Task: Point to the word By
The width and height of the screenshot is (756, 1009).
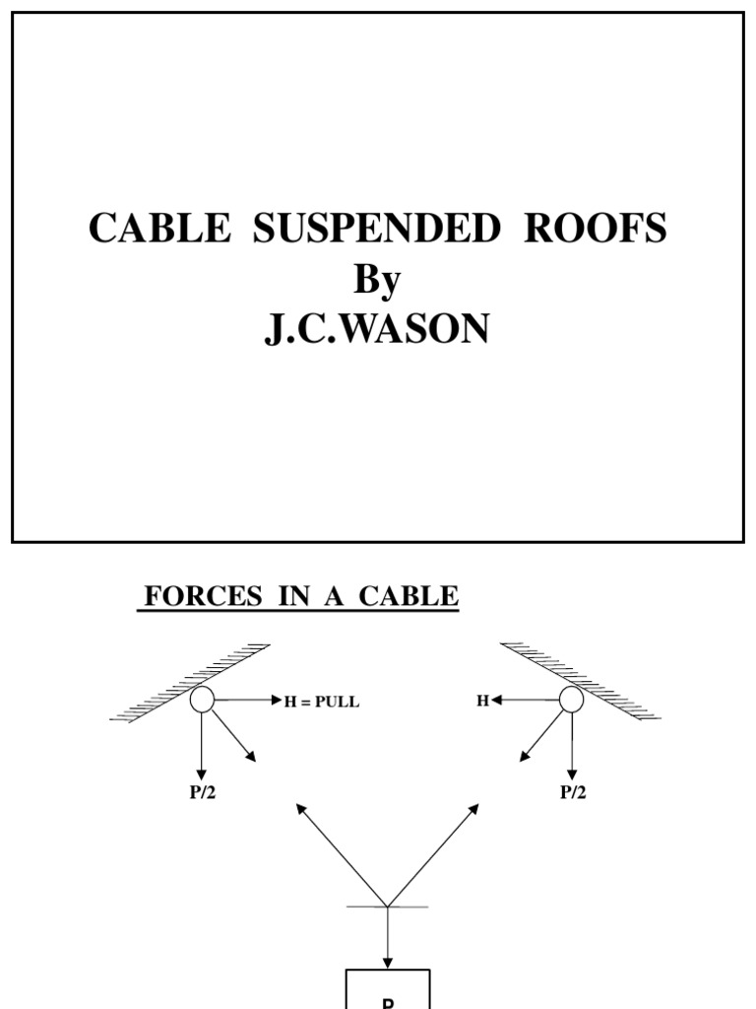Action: tap(378, 280)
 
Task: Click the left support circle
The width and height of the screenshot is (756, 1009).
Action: tap(202, 700)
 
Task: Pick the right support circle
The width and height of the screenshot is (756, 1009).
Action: tap(571, 700)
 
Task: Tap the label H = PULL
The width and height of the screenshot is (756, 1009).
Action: tap(322, 702)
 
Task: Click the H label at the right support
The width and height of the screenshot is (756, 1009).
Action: tap(482, 701)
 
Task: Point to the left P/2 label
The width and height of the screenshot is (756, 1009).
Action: tap(203, 793)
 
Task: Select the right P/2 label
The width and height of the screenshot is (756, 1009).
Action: tap(573, 793)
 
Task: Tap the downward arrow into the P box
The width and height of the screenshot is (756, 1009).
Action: tap(388, 936)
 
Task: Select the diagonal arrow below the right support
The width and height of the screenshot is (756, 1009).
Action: tap(542, 736)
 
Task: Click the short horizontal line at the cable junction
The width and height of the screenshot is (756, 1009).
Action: tap(388, 907)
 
